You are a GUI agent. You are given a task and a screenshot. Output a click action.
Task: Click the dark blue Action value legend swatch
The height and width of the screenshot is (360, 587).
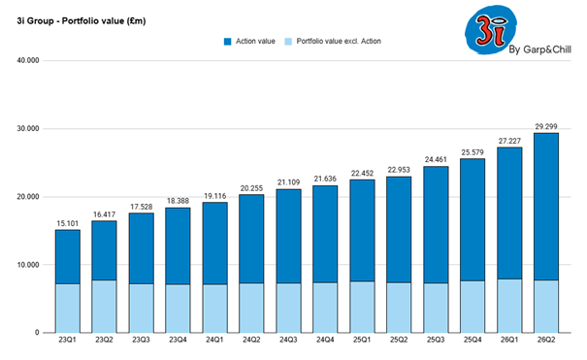click(228, 41)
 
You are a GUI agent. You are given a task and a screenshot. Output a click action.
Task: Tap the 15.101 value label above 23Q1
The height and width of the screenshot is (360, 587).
click(67, 222)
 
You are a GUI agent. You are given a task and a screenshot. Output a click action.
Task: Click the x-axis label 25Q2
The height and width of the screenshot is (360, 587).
click(398, 342)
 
